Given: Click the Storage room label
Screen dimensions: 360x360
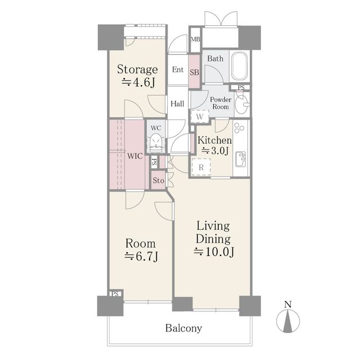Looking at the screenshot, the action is pos(137,69).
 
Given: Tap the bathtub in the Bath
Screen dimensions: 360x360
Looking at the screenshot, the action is pos(239,66).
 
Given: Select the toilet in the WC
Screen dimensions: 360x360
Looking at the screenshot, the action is pos(156,143).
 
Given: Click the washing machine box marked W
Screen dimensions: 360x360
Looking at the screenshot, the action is pos(200,116).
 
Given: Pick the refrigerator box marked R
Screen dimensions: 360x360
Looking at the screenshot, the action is pos(201,168).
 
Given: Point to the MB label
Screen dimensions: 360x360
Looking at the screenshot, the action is pos(195,39).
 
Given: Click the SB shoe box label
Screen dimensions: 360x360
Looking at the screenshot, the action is pos(194,73).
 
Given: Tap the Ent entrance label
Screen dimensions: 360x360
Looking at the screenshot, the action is pos(178,70).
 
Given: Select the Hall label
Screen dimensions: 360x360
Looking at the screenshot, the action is pos(178,103).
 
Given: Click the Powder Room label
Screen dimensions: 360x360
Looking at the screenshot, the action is pos(220,103).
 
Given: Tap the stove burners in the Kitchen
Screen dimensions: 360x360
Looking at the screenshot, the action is pos(239,128).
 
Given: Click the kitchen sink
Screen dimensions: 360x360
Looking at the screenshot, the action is pos(241,159).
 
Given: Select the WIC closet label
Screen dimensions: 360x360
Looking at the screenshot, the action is pos(135,156).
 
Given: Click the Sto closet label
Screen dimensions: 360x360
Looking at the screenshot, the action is pos(159,181).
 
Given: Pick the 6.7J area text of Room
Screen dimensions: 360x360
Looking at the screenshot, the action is pos(141,256).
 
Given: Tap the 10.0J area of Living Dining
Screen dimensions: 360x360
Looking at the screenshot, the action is pos(214,252).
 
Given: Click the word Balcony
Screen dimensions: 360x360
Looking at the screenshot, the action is pos(184,328).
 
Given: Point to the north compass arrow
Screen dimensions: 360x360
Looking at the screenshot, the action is pos(288,321).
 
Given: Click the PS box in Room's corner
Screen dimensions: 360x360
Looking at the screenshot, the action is pos(115,294).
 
